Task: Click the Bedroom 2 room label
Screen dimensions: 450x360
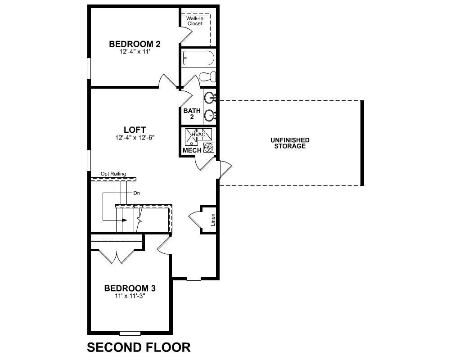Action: [135, 44]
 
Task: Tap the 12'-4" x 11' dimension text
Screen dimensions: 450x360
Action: [135, 52]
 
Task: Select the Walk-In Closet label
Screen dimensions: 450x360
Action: [195, 21]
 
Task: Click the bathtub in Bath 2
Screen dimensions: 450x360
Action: [198, 58]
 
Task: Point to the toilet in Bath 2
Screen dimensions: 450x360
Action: [207, 76]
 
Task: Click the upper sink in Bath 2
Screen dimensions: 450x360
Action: [210, 98]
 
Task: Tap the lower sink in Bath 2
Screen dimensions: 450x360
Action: [210, 116]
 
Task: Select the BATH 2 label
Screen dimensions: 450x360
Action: [192, 114]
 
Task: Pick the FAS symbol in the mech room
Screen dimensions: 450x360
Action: [209, 148]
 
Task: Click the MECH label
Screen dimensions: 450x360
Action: [192, 150]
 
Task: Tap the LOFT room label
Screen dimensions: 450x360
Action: [135, 130]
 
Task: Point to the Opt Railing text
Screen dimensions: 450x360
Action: [113, 174]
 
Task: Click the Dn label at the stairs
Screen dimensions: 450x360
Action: [137, 193]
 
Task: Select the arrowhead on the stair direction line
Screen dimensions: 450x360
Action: [125, 220]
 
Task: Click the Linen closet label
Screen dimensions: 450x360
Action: [213, 220]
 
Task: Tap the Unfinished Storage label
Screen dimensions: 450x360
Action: [290, 143]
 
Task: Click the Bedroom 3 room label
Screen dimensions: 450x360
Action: [130, 288]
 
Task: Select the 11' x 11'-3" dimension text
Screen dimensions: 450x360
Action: [130, 296]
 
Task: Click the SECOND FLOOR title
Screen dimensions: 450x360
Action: [139, 347]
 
